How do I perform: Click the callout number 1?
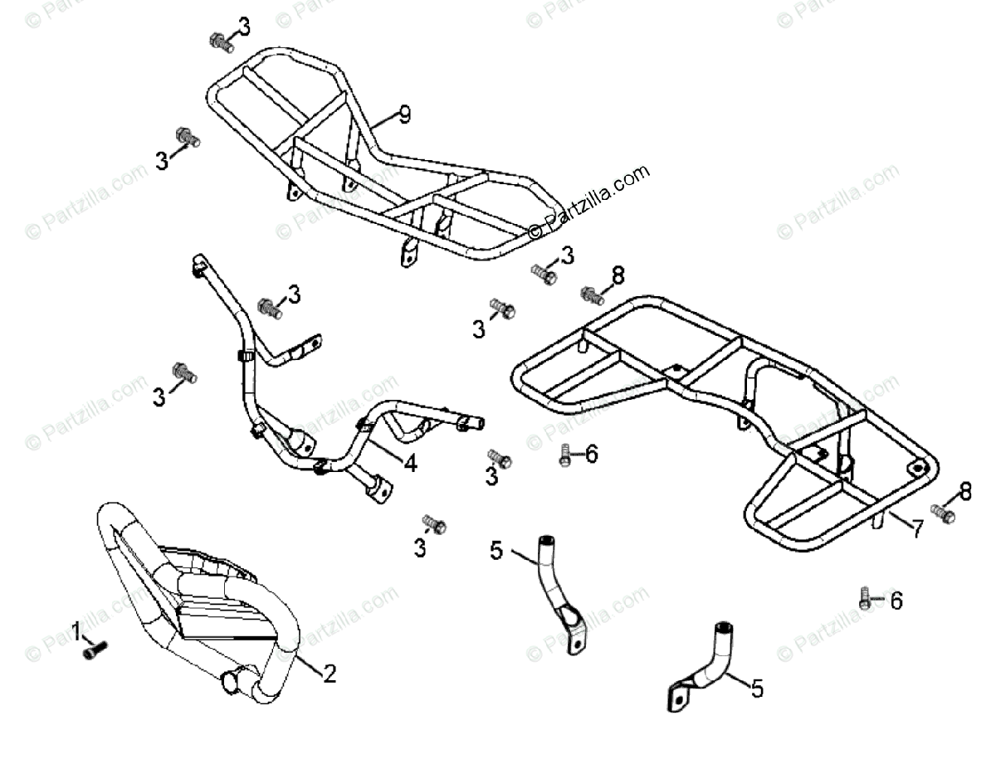[x=77, y=634]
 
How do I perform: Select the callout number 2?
[x=329, y=674]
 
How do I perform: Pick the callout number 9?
[x=403, y=115]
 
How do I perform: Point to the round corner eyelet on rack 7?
[x=919, y=467]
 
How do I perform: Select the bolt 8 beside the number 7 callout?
[x=943, y=514]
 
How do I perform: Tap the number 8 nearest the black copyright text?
[x=618, y=275]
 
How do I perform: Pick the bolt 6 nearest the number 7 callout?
[x=866, y=598]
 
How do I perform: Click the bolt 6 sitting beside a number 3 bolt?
[x=565, y=454]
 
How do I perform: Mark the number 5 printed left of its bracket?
[x=496, y=549]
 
